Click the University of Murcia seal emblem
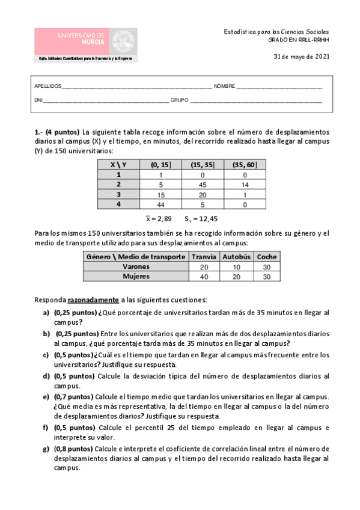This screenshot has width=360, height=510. pos(124,42)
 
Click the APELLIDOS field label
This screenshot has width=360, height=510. pos(47,87)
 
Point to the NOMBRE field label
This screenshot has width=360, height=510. pos(224,87)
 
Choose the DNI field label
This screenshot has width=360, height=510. pos(38,100)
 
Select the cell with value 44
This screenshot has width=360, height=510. pos(160,204)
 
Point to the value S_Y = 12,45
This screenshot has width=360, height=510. pos(201,219)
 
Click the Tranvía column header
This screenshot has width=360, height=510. pos(203,256)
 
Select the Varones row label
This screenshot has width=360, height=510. pos(135,266)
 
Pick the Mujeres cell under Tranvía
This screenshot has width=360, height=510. pos(203,277)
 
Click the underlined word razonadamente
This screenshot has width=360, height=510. pos(93,299)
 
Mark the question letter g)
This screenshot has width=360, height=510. pos(46,448)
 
